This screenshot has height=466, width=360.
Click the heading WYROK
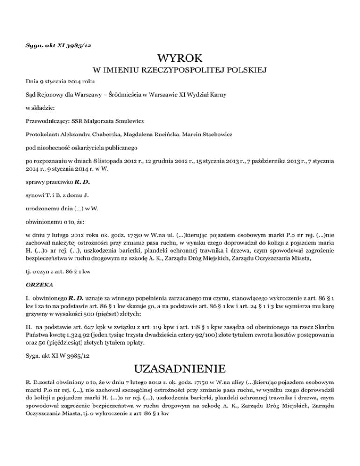coord(180,59)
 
